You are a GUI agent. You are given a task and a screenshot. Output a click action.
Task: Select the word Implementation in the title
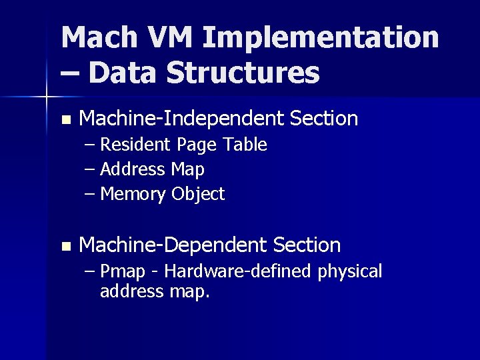pos(321,39)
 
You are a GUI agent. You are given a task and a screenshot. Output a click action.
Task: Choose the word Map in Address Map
pos(188,170)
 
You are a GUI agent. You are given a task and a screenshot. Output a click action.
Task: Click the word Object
pos(198,195)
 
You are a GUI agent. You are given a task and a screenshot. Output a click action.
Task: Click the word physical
pos(351,272)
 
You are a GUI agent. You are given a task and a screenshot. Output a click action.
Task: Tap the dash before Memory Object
pos(91,195)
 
